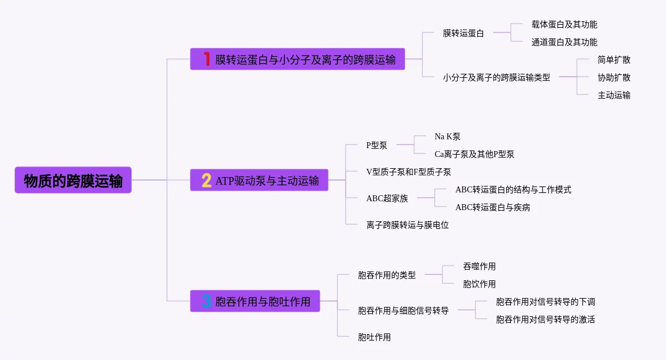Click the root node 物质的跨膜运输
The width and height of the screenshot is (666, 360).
click(x=73, y=180)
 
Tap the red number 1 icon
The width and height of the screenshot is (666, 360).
click(x=206, y=59)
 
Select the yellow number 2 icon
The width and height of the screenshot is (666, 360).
click(x=206, y=180)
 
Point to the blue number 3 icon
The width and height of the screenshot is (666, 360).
click(x=206, y=301)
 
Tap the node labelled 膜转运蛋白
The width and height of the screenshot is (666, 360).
click(x=463, y=33)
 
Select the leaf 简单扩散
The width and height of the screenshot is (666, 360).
click(x=613, y=60)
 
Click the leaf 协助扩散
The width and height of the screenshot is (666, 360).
click(x=613, y=77)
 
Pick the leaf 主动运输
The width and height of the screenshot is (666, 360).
click(x=613, y=95)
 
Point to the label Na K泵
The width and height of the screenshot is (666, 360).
click(x=447, y=136)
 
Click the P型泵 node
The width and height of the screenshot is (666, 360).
click(x=376, y=145)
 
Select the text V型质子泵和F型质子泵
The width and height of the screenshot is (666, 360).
click(x=408, y=172)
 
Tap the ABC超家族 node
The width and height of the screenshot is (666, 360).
click(x=387, y=198)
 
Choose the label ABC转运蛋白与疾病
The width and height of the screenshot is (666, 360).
click(x=493, y=207)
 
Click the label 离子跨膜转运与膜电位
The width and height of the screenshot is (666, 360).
click(x=407, y=225)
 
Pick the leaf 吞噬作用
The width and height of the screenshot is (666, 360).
click(x=479, y=266)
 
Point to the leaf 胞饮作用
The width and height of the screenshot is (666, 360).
click(x=479, y=284)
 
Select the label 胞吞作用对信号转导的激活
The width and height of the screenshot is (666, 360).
click(x=545, y=319)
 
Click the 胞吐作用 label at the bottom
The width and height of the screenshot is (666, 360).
click(x=374, y=337)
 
